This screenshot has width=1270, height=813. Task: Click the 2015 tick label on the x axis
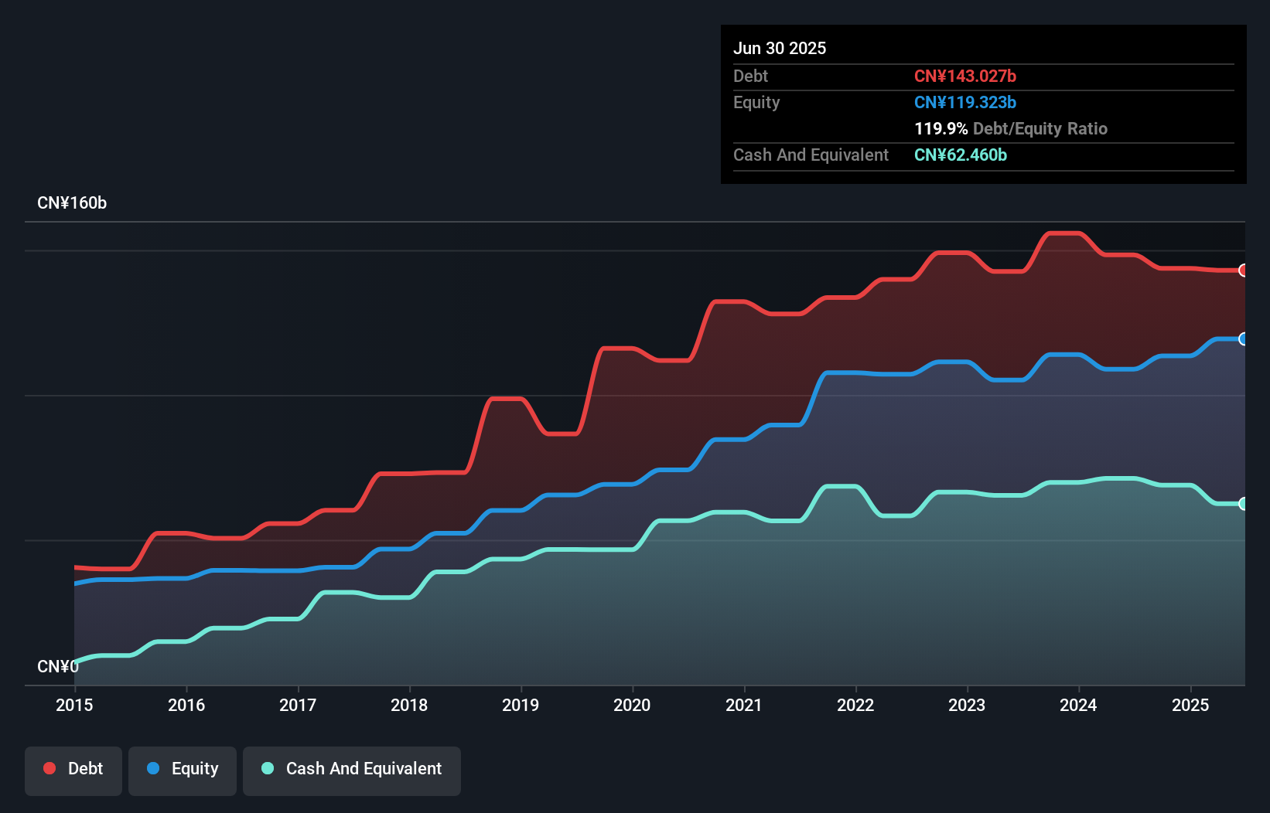click(74, 705)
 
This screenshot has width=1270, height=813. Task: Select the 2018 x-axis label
click(409, 705)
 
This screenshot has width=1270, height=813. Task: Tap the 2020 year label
click(632, 705)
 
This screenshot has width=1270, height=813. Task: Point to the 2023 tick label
click(967, 705)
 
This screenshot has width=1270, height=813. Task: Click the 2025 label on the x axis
click(1190, 705)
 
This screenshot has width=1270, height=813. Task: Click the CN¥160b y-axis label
click(72, 203)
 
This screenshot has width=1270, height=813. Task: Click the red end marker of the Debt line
click(1244, 270)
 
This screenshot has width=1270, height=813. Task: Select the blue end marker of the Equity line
click(1244, 338)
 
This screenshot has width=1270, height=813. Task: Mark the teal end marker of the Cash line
click(1244, 504)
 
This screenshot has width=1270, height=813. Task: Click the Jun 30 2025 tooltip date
click(780, 48)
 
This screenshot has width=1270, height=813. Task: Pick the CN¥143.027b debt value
click(965, 76)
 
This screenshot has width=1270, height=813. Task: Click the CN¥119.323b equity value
click(965, 102)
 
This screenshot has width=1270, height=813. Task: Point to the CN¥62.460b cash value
click(961, 155)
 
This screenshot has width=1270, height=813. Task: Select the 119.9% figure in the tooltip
click(941, 128)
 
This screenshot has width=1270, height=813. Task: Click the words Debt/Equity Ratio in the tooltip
click(1040, 128)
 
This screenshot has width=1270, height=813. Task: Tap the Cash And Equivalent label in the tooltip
click(811, 155)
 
